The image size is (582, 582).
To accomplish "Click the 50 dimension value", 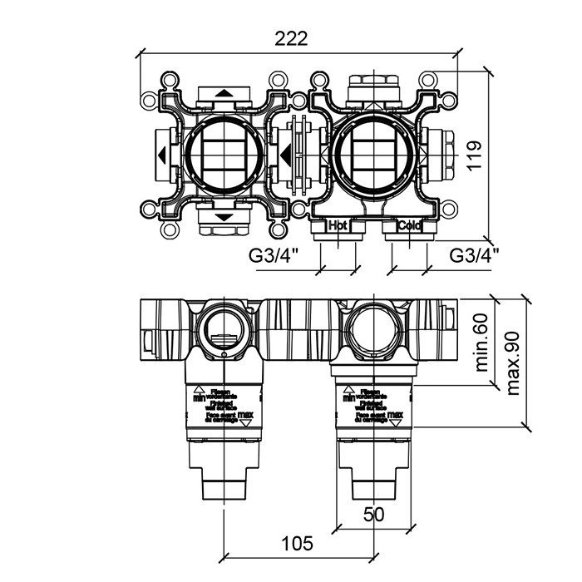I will (374, 515).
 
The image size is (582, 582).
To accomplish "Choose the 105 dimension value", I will (297, 544).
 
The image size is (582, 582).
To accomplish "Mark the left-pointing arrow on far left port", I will (158, 155).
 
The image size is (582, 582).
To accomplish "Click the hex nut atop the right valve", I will (373, 84).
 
